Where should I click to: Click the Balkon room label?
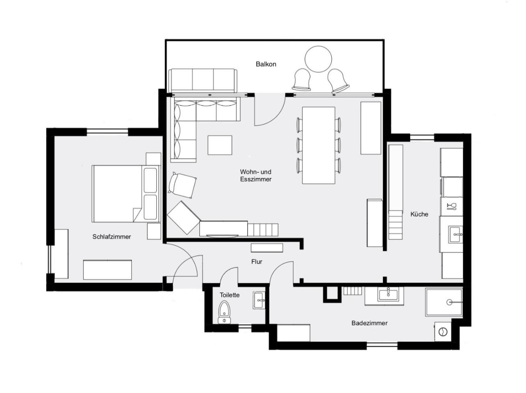266,64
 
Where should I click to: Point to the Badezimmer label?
369,323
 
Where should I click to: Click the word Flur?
257,261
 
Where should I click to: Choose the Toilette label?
230,295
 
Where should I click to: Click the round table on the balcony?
318,59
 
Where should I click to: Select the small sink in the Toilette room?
259,300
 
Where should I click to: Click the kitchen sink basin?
455,235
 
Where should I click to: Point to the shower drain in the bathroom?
449,302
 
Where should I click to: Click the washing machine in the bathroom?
443,332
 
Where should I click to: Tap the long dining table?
319,145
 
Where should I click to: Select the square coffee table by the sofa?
220,145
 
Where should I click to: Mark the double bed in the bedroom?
126,193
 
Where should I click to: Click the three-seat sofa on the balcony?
203,80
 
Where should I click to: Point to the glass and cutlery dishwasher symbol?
452,207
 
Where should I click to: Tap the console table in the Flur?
267,248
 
